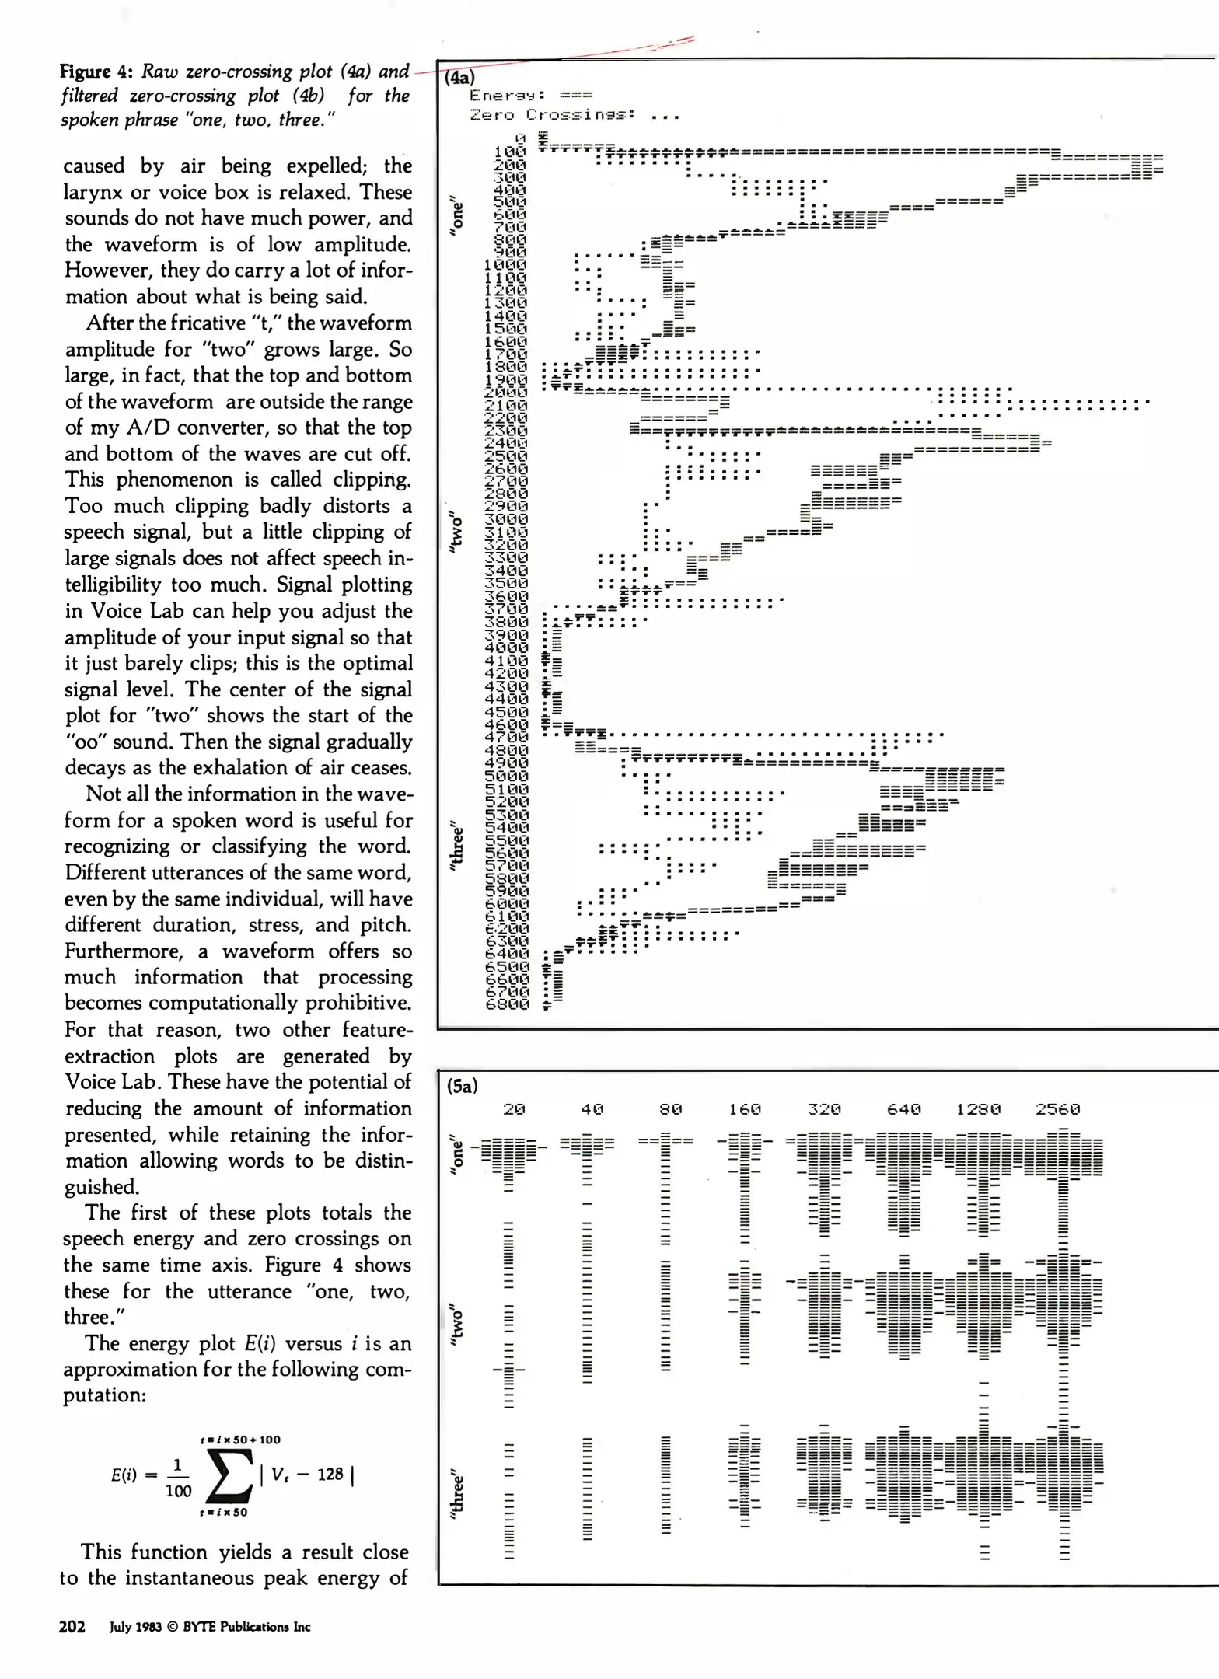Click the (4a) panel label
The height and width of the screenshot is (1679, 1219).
point(459,77)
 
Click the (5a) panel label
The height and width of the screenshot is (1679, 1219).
point(462,1086)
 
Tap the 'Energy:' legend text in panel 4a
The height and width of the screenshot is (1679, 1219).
point(506,96)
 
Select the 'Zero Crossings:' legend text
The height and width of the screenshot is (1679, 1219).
point(552,115)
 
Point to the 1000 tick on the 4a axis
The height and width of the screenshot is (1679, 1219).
point(505,264)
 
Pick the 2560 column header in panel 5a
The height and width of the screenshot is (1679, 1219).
point(1057,1109)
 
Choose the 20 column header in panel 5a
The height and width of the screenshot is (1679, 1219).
point(514,1109)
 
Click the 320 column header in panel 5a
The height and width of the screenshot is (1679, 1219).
point(824,1109)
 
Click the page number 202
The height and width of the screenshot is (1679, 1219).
point(72,1627)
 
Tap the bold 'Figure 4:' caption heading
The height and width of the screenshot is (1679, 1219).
point(97,72)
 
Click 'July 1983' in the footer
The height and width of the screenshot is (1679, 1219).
point(135,1627)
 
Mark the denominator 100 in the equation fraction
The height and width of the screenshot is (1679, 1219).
point(178,1491)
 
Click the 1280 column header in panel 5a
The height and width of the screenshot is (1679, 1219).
point(978,1109)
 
